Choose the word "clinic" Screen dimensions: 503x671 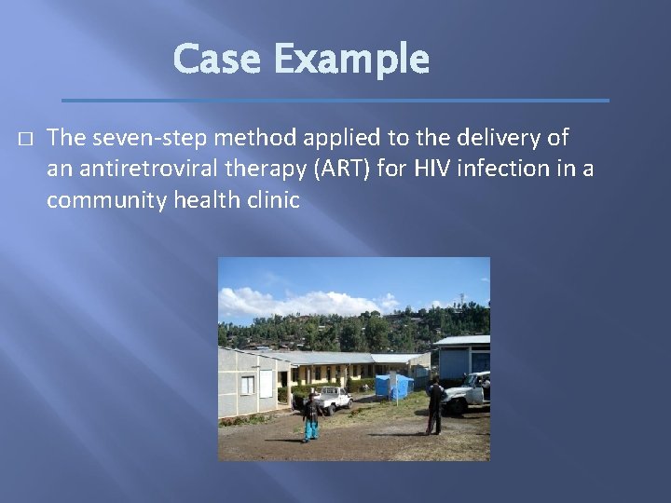pos(271,199)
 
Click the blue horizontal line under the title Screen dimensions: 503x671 pos(335,100)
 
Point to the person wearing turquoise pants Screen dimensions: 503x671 pos(310,417)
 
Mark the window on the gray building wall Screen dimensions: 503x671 pos(248,385)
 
